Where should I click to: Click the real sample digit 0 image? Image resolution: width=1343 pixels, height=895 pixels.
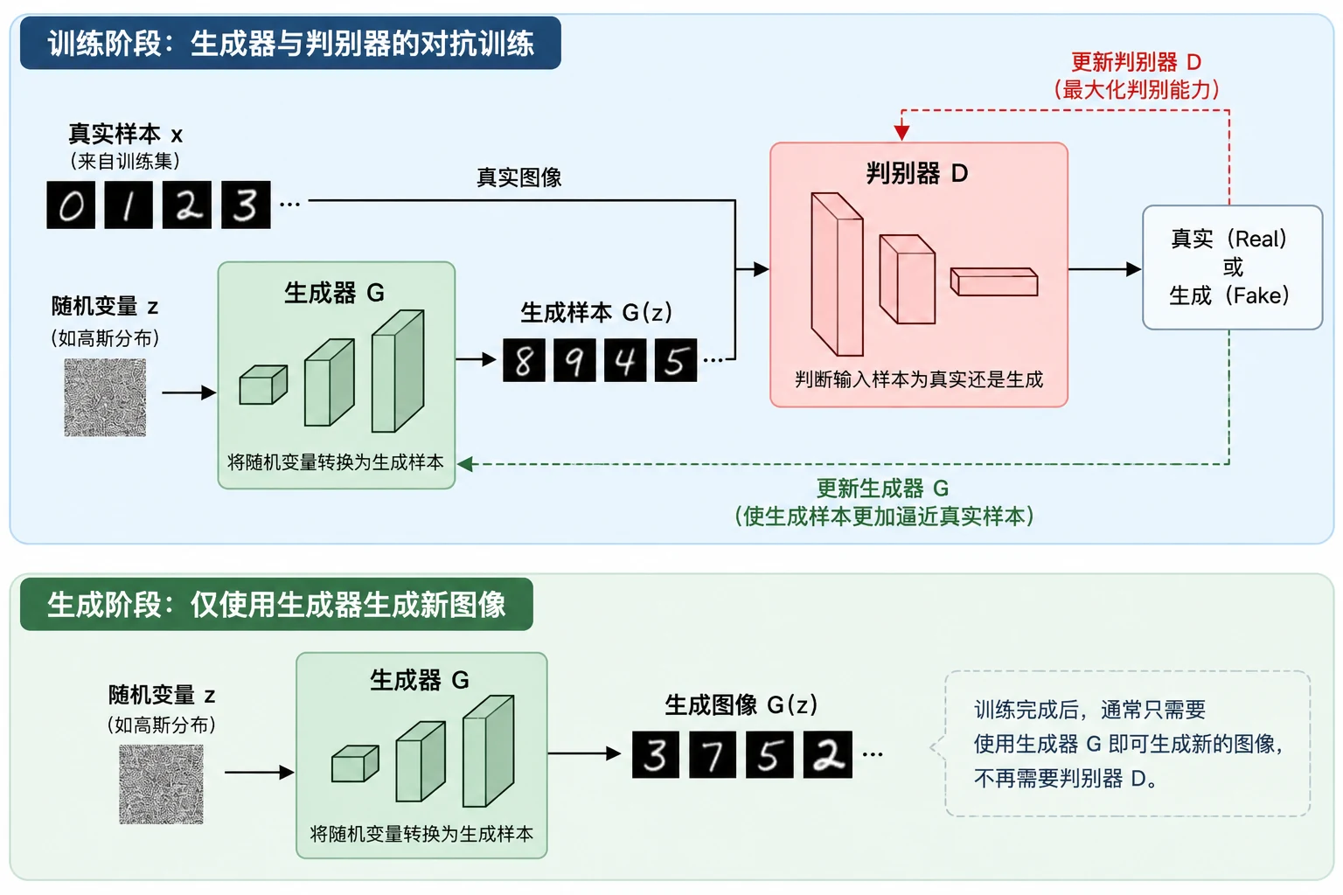[x=71, y=205]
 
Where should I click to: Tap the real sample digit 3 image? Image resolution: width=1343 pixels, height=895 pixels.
[x=246, y=205]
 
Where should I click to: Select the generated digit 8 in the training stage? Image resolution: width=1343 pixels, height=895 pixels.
[x=524, y=360]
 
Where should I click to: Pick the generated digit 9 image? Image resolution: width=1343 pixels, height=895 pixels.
[x=574, y=360]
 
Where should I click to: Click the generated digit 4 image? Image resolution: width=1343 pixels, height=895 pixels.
[x=625, y=360]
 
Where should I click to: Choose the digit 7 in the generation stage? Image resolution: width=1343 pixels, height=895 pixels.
[x=713, y=755]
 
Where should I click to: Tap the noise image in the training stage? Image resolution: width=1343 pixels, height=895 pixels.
[x=105, y=398]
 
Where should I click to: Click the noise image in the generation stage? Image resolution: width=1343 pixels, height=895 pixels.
[x=161, y=784]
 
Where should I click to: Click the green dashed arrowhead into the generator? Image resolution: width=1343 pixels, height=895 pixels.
[x=464, y=464]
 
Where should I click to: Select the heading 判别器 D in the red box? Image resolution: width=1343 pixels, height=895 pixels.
[x=917, y=174]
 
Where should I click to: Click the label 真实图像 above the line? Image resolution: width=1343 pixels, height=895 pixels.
[x=519, y=177]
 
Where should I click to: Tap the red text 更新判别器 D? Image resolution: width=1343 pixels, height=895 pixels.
[x=1136, y=62]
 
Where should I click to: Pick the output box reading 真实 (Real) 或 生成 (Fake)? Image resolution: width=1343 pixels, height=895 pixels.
[x=1233, y=267]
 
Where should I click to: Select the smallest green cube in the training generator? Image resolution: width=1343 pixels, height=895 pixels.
[x=263, y=385]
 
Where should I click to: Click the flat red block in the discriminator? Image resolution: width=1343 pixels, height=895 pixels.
[x=994, y=281]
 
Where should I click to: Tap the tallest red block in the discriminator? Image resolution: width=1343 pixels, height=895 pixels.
[x=837, y=274]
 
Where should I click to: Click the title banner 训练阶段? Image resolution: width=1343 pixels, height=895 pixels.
[x=291, y=43]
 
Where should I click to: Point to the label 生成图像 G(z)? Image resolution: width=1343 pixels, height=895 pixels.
[x=741, y=705]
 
